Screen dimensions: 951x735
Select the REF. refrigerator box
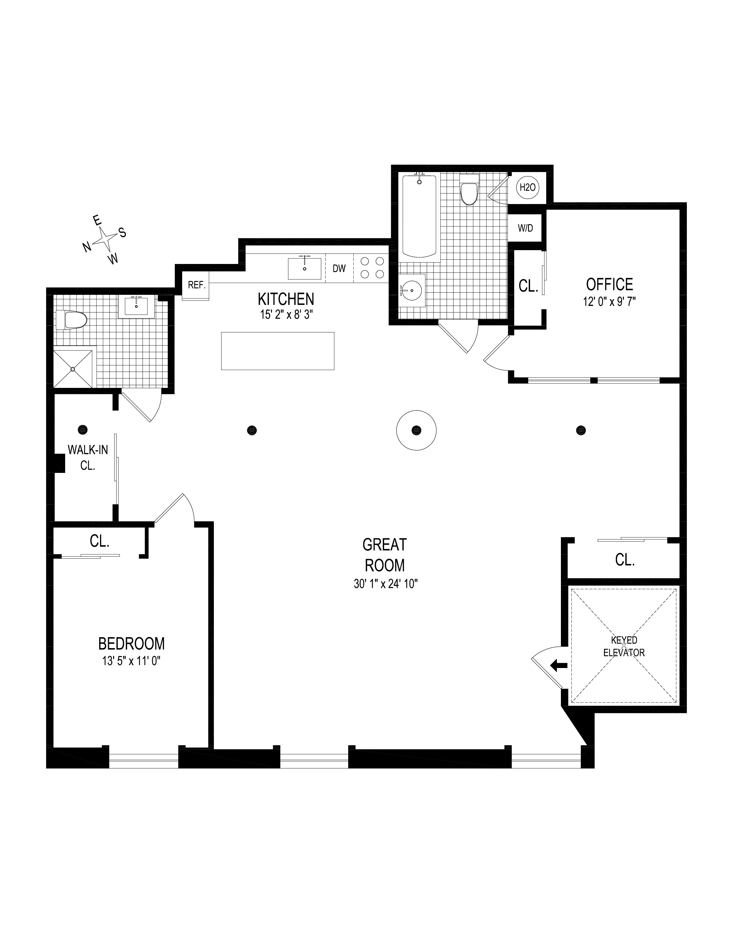click(196, 285)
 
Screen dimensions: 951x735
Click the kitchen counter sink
click(304, 268)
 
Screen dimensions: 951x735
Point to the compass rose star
click(105, 238)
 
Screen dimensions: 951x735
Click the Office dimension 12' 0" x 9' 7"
click(609, 302)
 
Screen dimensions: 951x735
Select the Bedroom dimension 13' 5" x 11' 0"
click(131, 661)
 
